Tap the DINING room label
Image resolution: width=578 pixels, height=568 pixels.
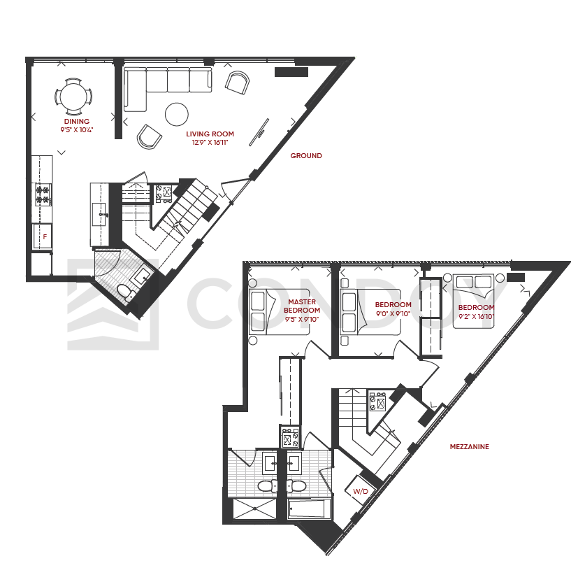(x=77, y=121)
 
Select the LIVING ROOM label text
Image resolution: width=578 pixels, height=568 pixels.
(x=210, y=134)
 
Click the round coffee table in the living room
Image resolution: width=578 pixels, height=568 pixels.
(x=177, y=114)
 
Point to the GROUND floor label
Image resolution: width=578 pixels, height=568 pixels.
(x=306, y=156)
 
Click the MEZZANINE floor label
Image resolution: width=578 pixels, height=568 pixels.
(x=469, y=447)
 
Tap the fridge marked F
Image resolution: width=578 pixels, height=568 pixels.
(x=42, y=236)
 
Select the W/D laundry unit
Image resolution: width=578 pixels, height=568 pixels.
(x=361, y=490)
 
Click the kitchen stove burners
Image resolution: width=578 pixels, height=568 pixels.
(x=43, y=195)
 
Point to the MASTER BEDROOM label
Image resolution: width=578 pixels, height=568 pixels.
(x=302, y=306)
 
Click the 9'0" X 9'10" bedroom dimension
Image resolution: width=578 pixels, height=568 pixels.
(x=393, y=314)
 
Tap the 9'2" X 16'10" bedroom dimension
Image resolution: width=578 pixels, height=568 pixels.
(x=476, y=316)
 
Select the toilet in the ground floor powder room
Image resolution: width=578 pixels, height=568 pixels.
(x=127, y=292)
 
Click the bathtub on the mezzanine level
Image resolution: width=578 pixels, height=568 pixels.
(x=310, y=509)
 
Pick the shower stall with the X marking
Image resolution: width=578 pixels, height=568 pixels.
(x=254, y=509)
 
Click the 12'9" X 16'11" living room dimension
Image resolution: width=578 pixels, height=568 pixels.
(x=210, y=143)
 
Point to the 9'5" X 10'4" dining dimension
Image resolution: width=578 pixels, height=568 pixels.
(x=77, y=130)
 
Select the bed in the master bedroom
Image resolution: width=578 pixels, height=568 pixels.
(x=279, y=312)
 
